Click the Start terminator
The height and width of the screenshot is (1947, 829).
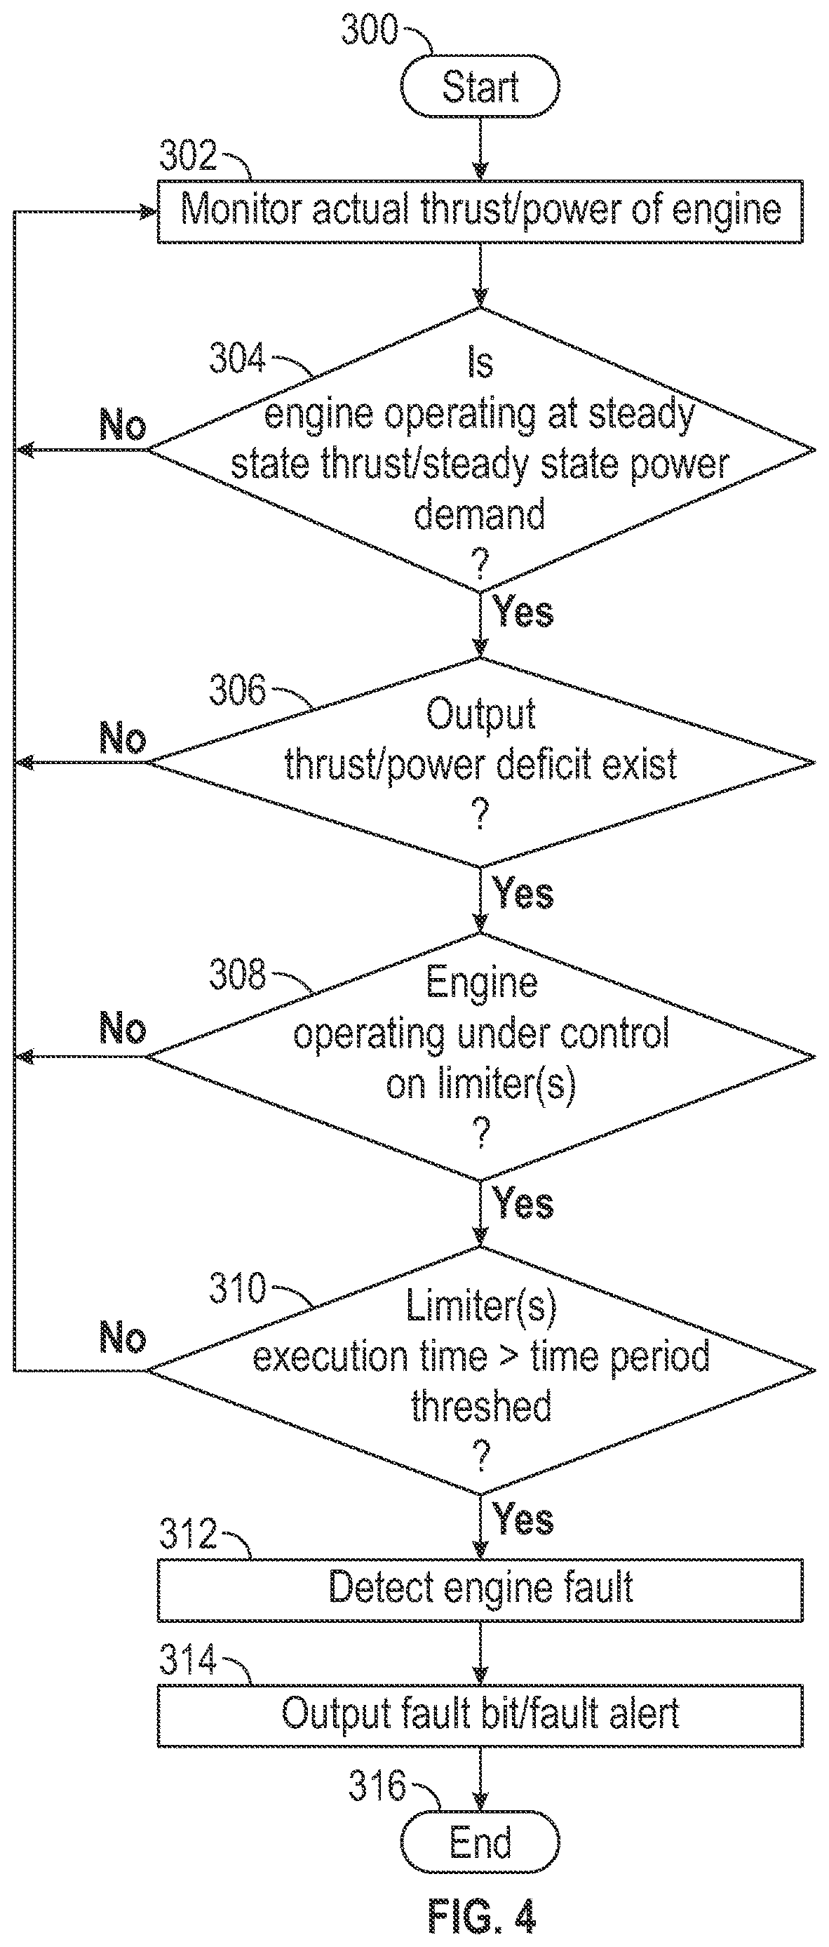click(480, 86)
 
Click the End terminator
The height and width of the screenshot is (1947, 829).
click(480, 1842)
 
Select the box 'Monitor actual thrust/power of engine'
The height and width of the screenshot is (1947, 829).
click(480, 211)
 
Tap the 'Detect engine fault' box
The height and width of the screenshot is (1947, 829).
click(480, 1589)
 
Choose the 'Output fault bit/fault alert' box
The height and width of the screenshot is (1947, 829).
click(480, 1715)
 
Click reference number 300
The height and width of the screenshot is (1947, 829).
click(370, 29)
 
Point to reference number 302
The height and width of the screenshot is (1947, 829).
click(188, 156)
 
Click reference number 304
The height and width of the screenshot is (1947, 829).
click(237, 358)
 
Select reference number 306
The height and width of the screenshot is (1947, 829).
click(237, 690)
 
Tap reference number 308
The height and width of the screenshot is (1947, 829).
click(237, 974)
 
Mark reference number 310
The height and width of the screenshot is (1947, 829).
click(237, 1287)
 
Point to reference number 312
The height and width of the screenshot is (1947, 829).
click(188, 1534)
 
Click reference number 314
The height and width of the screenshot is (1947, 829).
click(188, 1660)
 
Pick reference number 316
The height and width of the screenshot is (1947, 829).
click(377, 1786)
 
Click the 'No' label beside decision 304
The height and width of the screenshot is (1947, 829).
click(123, 424)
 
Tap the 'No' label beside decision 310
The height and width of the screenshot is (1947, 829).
click(123, 1338)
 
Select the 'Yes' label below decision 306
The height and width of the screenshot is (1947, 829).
click(523, 892)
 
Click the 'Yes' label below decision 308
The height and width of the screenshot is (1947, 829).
click(523, 1203)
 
